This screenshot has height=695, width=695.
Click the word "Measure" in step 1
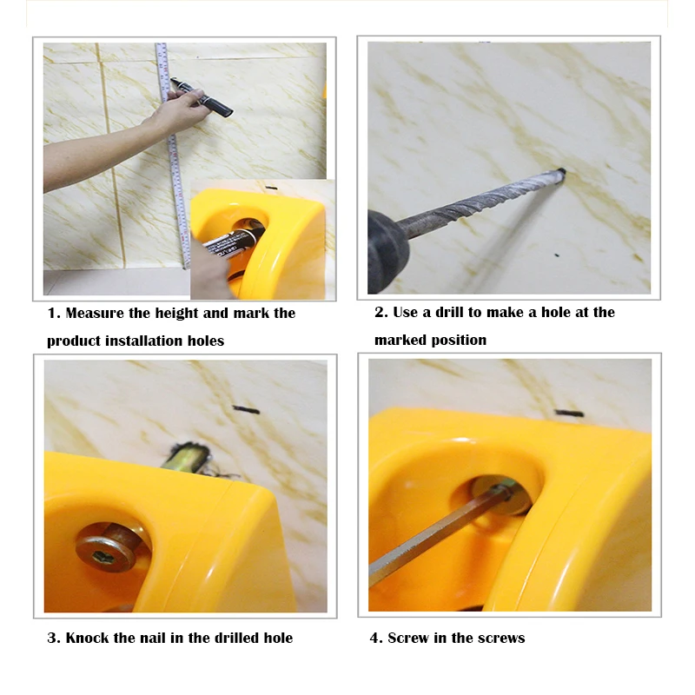[95, 314]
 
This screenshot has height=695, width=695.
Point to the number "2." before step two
[381, 313]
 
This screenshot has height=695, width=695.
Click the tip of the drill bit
[562, 171]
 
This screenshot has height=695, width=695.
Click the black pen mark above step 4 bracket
[569, 414]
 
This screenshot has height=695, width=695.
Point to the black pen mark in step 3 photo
[246, 409]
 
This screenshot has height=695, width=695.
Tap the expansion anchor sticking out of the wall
[185, 458]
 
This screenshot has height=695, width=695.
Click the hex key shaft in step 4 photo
[439, 534]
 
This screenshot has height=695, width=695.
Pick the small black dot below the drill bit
[557, 255]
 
